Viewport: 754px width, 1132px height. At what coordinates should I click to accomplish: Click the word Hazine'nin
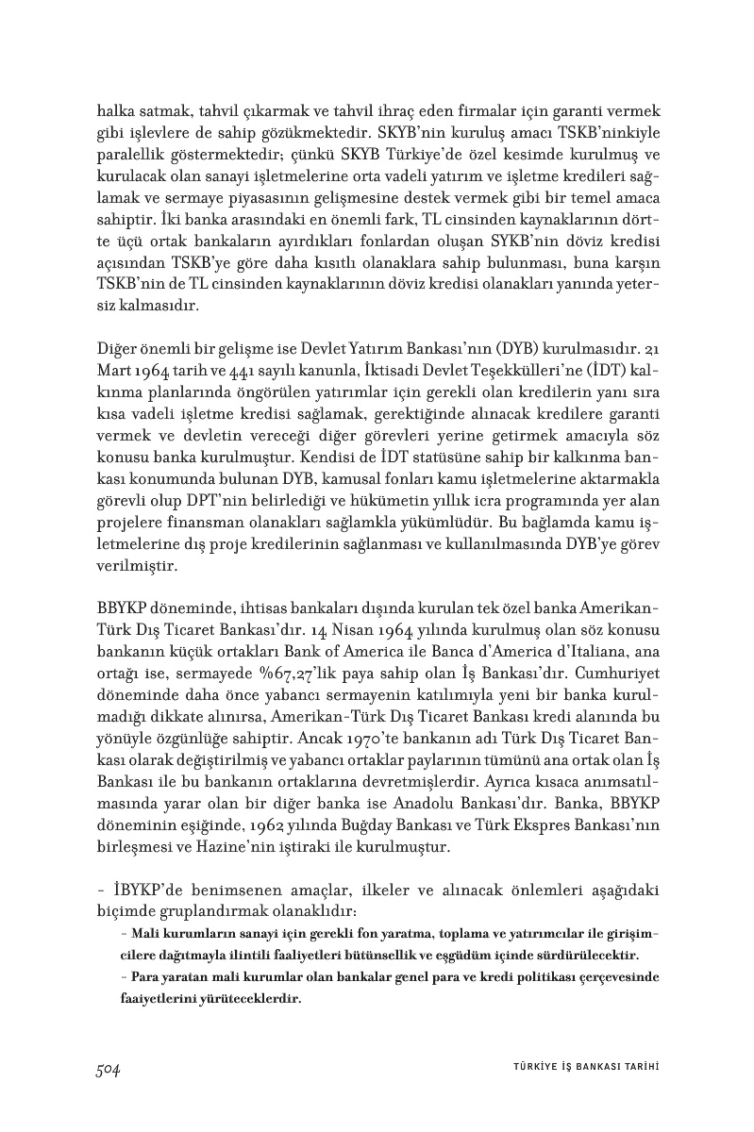pyautogui.click(x=257, y=846)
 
